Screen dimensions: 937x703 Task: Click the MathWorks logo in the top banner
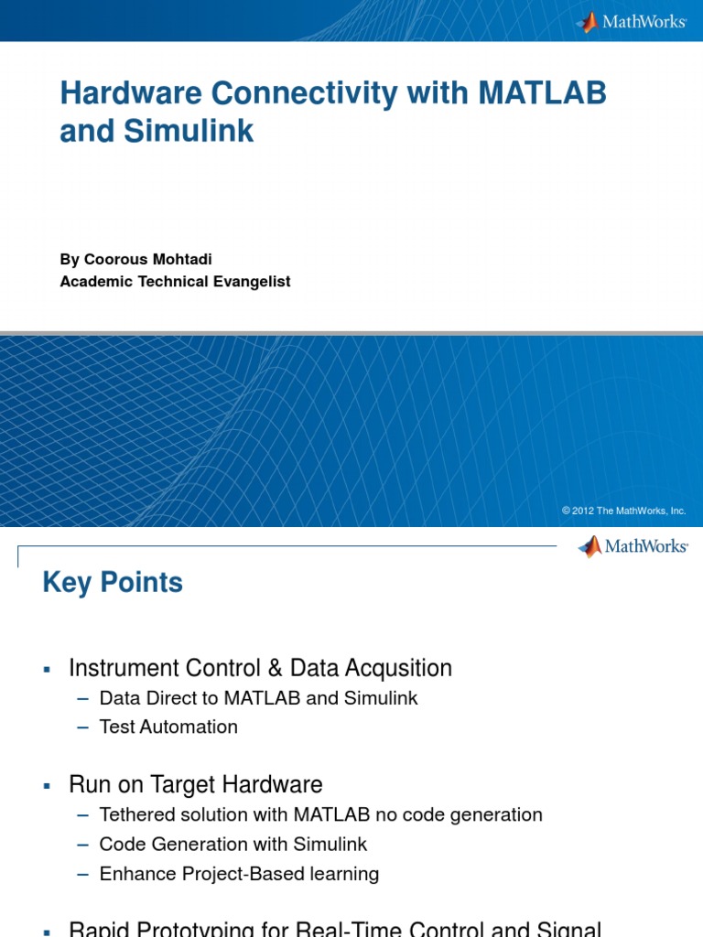tap(632, 22)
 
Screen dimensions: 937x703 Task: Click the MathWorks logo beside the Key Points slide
tap(633, 546)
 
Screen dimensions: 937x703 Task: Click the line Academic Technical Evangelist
tap(175, 282)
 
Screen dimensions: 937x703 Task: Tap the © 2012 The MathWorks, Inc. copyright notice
tap(623, 511)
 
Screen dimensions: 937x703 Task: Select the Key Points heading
tap(113, 583)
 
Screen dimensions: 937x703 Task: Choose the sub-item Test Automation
tap(168, 727)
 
